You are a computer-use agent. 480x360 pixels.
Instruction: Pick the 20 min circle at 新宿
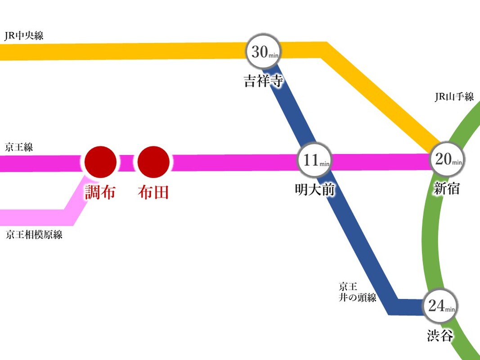tap(447, 160)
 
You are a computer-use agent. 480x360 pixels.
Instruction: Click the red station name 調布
tap(101, 193)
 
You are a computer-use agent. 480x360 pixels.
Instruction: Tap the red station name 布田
tap(153, 193)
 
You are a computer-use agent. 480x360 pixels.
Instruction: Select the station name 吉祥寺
tap(263, 81)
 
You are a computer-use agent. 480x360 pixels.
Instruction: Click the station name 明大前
tap(315, 190)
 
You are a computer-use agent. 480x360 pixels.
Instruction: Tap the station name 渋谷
tap(440, 335)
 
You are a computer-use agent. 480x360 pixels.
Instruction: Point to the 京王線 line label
tap(19, 148)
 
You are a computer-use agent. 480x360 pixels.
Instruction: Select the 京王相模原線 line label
tap(34, 235)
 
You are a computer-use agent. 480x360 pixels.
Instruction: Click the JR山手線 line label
tap(454, 97)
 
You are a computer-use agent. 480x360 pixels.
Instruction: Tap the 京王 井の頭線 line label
tap(358, 292)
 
